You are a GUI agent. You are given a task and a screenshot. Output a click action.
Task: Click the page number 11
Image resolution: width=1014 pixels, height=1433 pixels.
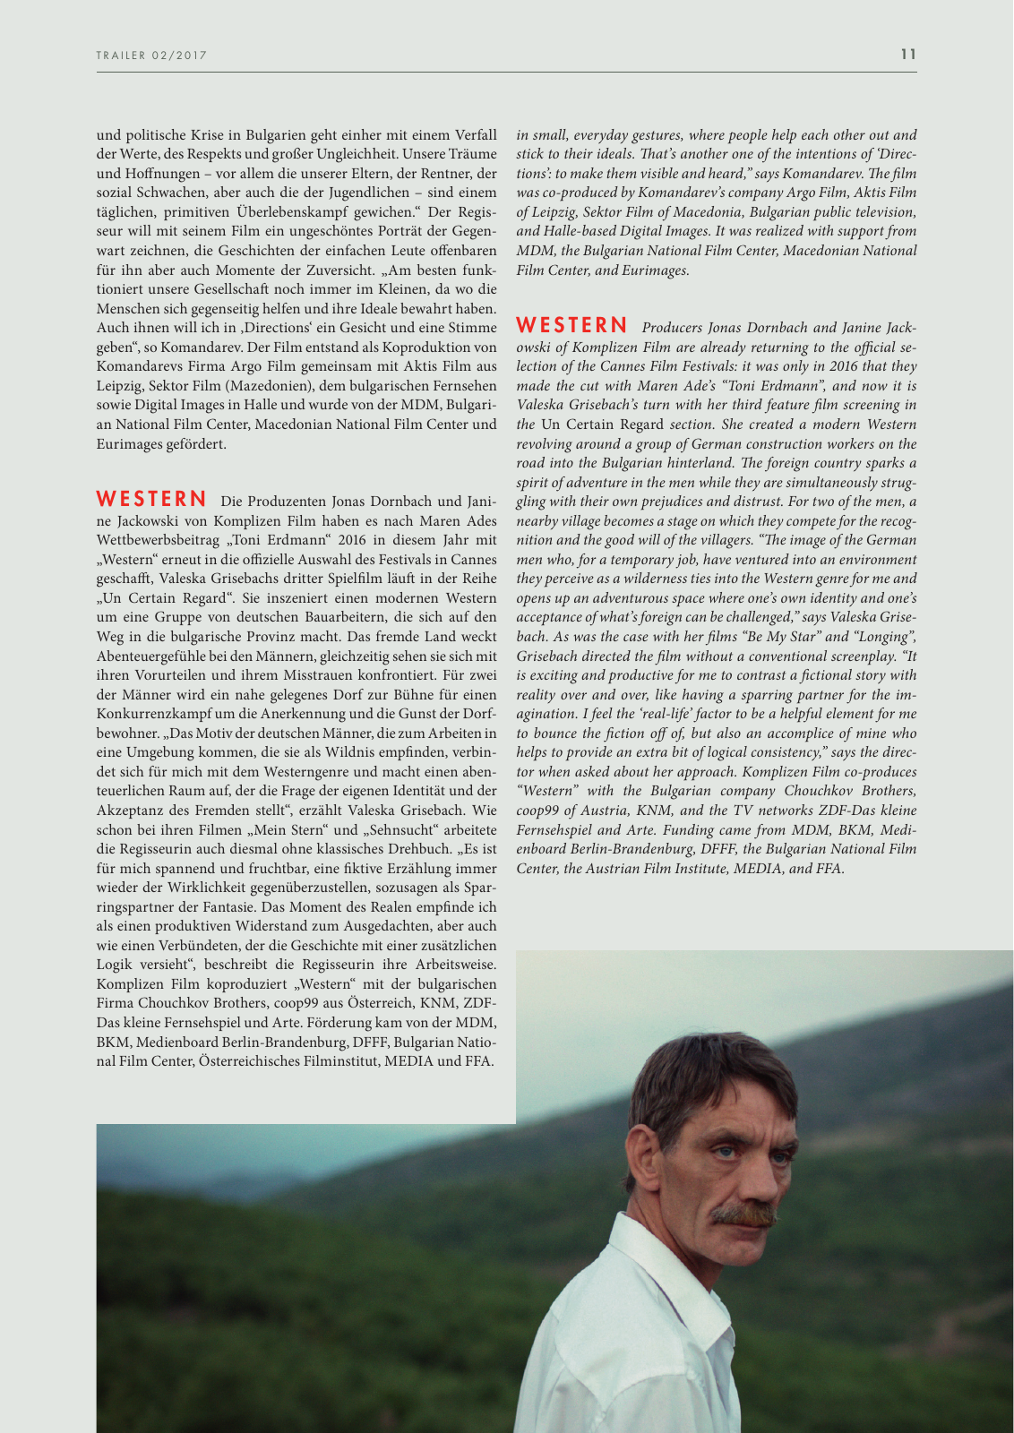(x=908, y=55)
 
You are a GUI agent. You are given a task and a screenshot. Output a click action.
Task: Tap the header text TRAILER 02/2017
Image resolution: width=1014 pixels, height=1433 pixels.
(x=151, y=56)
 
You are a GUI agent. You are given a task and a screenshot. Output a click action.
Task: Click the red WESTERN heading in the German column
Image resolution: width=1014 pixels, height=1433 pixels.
(x=151, y=499)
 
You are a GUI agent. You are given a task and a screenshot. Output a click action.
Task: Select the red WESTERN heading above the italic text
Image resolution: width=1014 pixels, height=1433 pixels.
(x=571, y=325)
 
